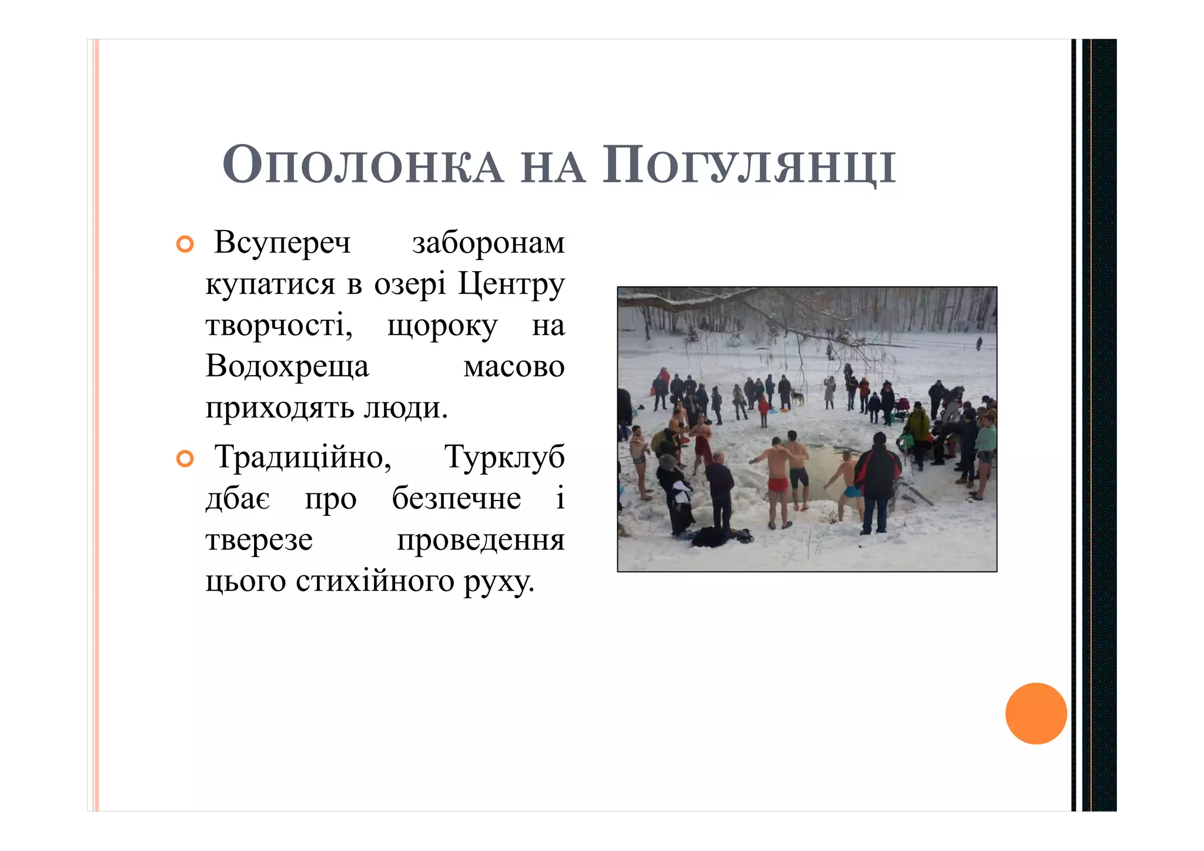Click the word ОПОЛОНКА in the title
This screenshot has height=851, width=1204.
[x=363, y=166]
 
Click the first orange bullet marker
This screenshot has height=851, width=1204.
[x=185, y=245]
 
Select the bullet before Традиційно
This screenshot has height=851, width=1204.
[x=185, y=459]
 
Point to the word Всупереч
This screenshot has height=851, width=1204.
[x=282, y=242]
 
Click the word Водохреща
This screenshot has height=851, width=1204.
[x=287, y=366]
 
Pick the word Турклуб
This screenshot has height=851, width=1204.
[x=504, y=457]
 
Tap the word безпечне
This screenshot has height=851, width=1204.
[x=456, y=499]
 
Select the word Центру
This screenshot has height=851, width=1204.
[x=511, y=284]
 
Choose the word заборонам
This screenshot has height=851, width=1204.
[x=488, y=242]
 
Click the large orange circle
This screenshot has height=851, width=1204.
[x=1036, y=713]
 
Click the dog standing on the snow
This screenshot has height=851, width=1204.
[x=797, y=398]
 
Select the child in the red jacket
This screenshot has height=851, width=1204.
[x=763, y=409]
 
